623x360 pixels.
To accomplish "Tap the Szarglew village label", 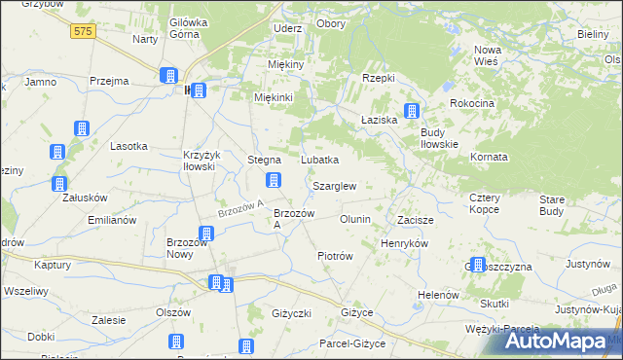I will coord(334,186).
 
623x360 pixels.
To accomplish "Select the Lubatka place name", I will coord(319,160).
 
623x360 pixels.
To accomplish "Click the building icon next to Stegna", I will coord(275,180).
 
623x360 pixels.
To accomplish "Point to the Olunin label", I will coord(354,220).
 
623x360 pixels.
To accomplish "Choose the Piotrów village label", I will coord(335,256).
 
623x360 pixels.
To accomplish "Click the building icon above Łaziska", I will coord(412,112).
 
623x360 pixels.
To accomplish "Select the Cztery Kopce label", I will coord(484,203).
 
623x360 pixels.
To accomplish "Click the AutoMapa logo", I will coord(551,342).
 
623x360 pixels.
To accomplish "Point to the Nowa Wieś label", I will coord(486,55).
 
